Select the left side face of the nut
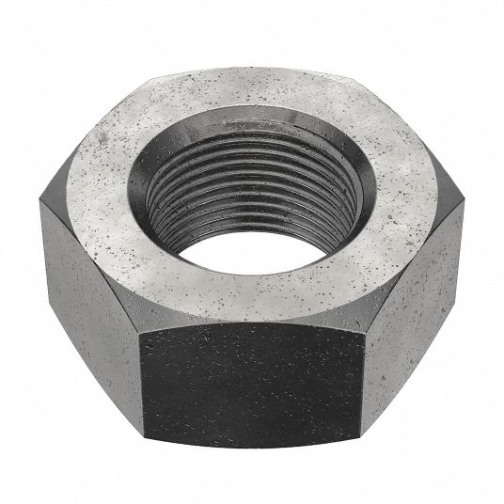tap(94, 273)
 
